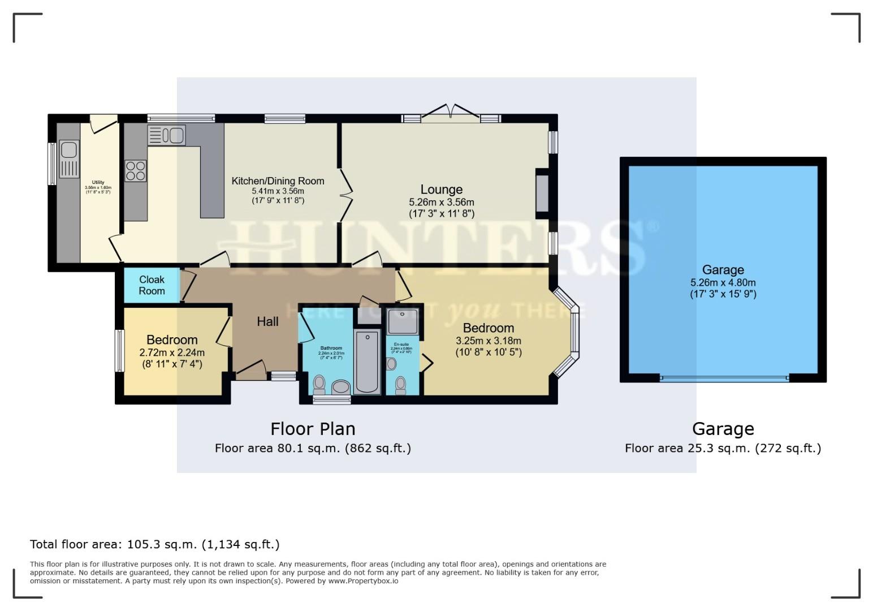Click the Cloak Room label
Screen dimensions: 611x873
tap(152, 285)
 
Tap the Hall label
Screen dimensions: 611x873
tap(267, 322)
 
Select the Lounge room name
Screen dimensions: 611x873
tap(441, 190)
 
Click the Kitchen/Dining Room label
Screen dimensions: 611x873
tap(278, 181)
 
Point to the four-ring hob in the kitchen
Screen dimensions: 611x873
tap(135, 171)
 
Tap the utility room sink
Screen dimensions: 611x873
tap(69, 150)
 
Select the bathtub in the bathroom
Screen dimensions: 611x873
tap(368, 362)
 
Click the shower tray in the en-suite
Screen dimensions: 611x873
tap(403, 321)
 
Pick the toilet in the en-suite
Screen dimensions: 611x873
tap(401, 385)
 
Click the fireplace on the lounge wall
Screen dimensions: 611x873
tap(542, 193)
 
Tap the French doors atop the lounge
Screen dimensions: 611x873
tap(451, 113)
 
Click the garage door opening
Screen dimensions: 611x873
tap(724, 378)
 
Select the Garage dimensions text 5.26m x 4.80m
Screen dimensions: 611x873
tap(723, 283)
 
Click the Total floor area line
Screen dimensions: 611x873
tap(154, 544)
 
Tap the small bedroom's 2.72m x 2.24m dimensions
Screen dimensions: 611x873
tap(172, 352)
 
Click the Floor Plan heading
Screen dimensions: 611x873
tap(313, 429)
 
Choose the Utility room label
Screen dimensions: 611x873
tap(98, 182)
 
